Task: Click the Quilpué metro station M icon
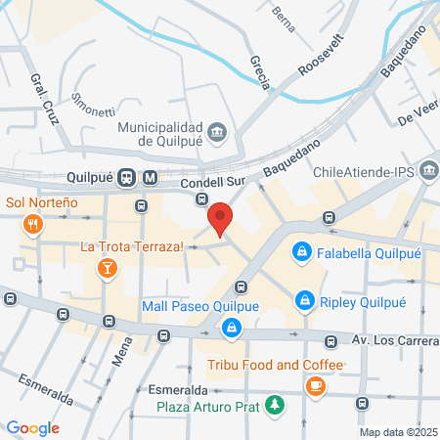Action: point(150,179)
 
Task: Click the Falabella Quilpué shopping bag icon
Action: point(302,251)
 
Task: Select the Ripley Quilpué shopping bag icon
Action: point(305,299)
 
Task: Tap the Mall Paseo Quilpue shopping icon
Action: point(231,328)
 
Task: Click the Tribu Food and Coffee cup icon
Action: point(315,386)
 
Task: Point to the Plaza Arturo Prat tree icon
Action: point(277,404)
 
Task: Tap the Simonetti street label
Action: point(94,105)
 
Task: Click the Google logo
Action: point(32,428)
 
